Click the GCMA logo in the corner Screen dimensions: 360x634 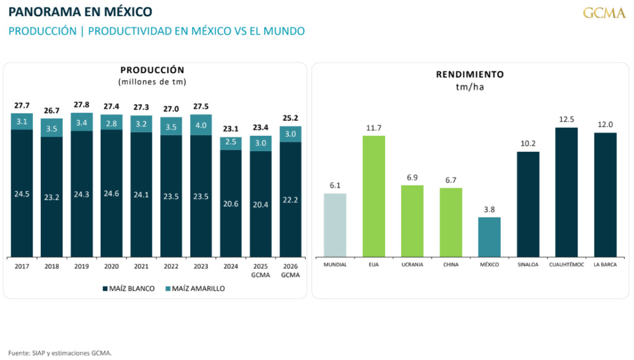click(604, 13)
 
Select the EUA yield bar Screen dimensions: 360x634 click(373, 196)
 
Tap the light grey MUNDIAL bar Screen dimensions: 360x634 click(335, 225)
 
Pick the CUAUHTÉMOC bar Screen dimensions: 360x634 click(567, 192)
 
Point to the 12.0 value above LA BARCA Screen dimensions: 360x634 click(606, 125)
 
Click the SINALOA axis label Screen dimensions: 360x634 click(528, 265)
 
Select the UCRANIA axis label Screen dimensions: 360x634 click(412, 265)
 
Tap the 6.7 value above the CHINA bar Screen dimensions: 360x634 click(451, 180)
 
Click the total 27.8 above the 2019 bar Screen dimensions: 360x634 click(82, 105)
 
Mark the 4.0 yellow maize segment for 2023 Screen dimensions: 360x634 click(201, 125)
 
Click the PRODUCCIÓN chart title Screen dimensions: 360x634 click(152, 70)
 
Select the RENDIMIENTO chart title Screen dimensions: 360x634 click(470, 74)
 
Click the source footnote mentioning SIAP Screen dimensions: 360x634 click(60, 353)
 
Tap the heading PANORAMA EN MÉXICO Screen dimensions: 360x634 click(80, 12)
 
